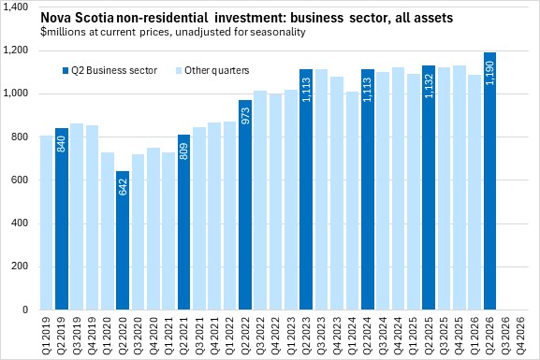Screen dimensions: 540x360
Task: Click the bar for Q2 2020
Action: click(x=123, y=240)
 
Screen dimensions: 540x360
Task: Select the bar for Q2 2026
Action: click(x=489, y=181)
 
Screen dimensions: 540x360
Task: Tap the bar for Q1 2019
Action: click(x=47, y=223)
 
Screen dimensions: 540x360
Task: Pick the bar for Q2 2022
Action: click(x=245, y=205)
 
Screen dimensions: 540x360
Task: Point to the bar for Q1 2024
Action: click(x=352, y=201)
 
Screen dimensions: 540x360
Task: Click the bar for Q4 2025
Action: click(x=460, y=188)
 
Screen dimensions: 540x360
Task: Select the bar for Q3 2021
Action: click(x=199, y=219)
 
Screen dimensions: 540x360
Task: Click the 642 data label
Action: click(x=123, y=187)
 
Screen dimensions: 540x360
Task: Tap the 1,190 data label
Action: click(x=490, y=73)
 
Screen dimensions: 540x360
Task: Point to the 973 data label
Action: click(x=245, y=116)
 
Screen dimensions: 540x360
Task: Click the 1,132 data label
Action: click(x=429, y=86)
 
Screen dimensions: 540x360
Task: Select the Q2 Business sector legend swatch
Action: click(x=66, y=70)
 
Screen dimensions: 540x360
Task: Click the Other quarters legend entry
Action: click(x=212, y=70)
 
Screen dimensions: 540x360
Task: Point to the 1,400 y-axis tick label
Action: click(x=16, y=7)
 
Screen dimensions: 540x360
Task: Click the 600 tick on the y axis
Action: click(x=20, y=180)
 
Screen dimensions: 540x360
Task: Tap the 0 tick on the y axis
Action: click(x=25, y=310)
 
